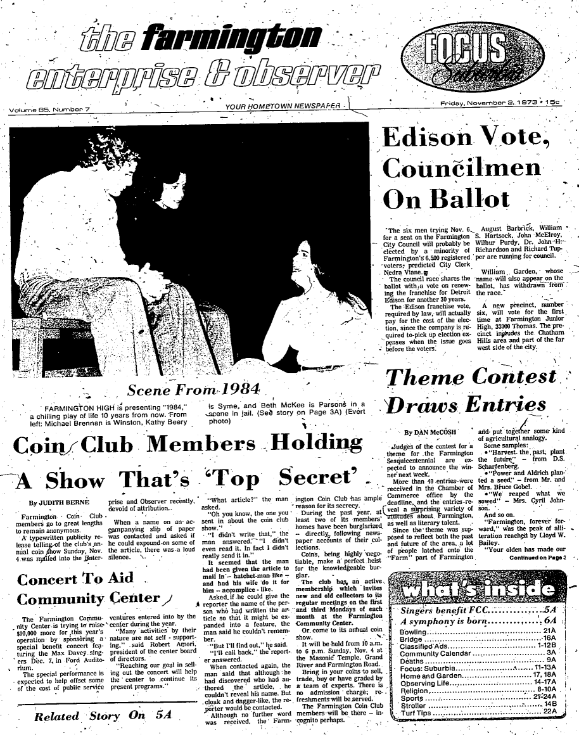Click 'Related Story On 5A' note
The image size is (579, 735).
[x=102, y=717]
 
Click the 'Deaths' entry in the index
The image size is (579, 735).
[x=412, y=659]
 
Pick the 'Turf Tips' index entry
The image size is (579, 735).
[x=416, y=712]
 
